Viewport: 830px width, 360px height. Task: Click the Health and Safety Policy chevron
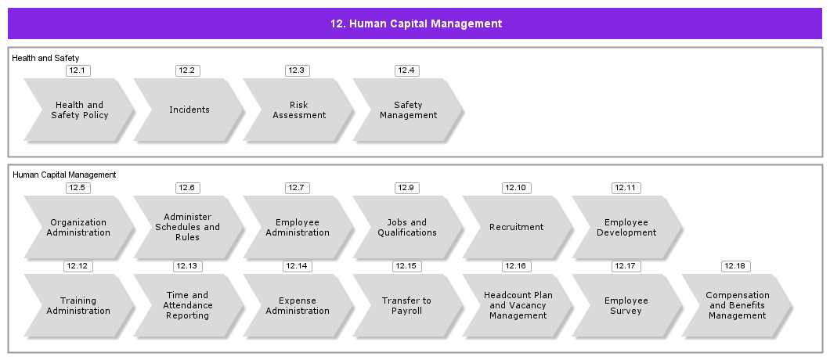click(78, 110)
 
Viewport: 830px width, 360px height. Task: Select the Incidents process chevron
click(189, 110)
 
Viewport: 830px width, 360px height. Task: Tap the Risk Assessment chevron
click(298, 110)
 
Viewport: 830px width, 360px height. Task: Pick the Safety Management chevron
click(408, 110)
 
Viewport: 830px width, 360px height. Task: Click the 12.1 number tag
click(78, 70)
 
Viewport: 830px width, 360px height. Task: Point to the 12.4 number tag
click(407, 70)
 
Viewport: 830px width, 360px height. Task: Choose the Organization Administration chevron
click(78, 228)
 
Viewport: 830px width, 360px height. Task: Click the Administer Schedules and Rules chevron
click(189, 228)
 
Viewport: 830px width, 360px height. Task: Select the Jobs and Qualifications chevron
click(408, 228)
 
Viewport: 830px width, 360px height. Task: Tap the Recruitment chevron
click(517, 228)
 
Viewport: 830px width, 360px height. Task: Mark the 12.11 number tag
click(626, 188)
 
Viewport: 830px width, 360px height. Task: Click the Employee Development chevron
click(626, 228)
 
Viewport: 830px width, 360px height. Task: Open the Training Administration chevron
click(78, 305)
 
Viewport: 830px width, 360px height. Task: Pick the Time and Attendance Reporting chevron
click(189, 305)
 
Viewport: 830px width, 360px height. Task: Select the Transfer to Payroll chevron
click(408, 305)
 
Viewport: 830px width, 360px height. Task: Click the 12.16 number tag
click(517, 266)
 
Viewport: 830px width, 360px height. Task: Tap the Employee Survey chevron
click(626, 305)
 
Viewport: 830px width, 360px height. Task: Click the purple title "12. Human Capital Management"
click(416, 23)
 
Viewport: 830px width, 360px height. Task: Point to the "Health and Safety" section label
click(45, 58)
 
